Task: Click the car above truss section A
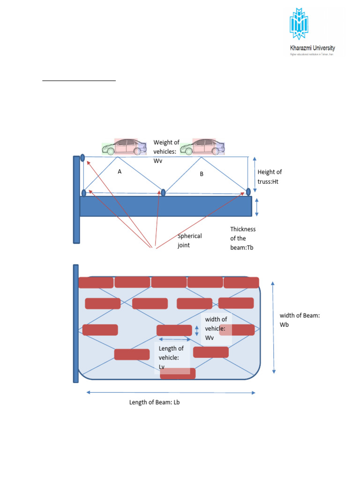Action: [124, 147]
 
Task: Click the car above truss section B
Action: [202, 147]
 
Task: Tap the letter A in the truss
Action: [120, 172]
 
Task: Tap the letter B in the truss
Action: [202, 174]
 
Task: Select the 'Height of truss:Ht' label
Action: [270, 177]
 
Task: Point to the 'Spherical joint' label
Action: [189, 241]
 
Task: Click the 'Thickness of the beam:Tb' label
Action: [243, 238]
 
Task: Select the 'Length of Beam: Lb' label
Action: [155, 402]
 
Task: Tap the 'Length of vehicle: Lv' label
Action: [171, 357]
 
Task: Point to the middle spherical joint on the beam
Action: [163, 192]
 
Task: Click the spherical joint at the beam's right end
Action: [248, 191]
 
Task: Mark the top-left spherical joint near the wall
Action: [82, 157]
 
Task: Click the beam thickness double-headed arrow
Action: [256, 206]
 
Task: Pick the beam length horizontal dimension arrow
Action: [171, 392]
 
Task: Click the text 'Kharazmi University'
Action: [311, 48]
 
